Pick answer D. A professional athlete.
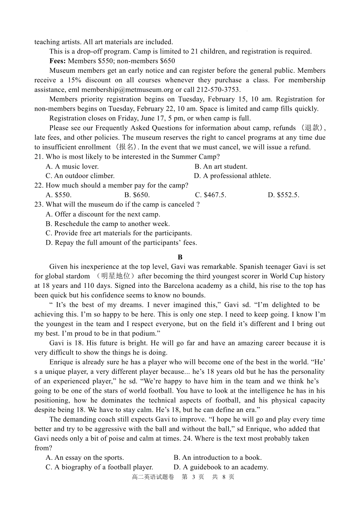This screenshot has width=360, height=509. point(232,176)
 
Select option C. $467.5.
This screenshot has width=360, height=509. point(210,195)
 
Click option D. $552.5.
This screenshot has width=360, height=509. point(283,195)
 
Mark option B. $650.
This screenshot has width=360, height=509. point(137,195)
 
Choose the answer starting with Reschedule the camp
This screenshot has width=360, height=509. point(108,224)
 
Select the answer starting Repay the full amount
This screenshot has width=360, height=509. point(121,243)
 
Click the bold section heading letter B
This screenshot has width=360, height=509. point(180,257)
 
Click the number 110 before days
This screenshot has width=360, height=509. point(89,286)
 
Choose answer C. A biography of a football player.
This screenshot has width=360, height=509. point(99,467)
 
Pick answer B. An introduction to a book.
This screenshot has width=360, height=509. point(218,458)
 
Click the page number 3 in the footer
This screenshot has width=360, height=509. point(193,477)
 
